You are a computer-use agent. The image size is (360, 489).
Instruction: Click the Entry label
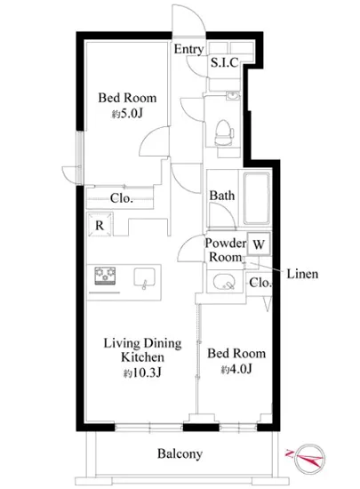(x=188, y=49)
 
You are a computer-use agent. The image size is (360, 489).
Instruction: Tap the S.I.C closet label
(x=224, y=62)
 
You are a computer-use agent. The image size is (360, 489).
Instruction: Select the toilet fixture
(x=224, y=132)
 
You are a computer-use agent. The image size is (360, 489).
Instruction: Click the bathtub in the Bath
(x=257, y=198)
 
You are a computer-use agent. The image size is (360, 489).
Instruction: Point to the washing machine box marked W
(x=259, y=244)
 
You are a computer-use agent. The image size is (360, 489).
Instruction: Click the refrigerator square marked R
(x=100, y=225)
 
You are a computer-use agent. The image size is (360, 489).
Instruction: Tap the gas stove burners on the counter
(x=105, y=276)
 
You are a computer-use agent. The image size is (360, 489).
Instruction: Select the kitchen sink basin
(x=144, y=277)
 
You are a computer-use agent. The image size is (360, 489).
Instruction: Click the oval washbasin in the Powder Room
(x=223, y=282)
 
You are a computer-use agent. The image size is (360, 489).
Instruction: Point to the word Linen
(x=302, y=274)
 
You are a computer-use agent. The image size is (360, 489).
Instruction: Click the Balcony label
(x=180, y=453)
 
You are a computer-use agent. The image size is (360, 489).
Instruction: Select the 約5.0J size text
(x=127, y=114)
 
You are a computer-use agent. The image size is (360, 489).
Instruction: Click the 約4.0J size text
(x=236, y=370)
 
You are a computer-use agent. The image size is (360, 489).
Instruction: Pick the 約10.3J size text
(x=142, y=373)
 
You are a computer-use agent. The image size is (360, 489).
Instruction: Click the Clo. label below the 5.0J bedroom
(x=121, y=198)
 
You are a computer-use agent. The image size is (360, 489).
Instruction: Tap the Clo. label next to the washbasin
(x=260, y=283)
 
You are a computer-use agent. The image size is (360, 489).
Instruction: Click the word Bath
(x=222, y=196)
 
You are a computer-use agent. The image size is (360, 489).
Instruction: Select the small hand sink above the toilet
(x=233, y=96)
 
